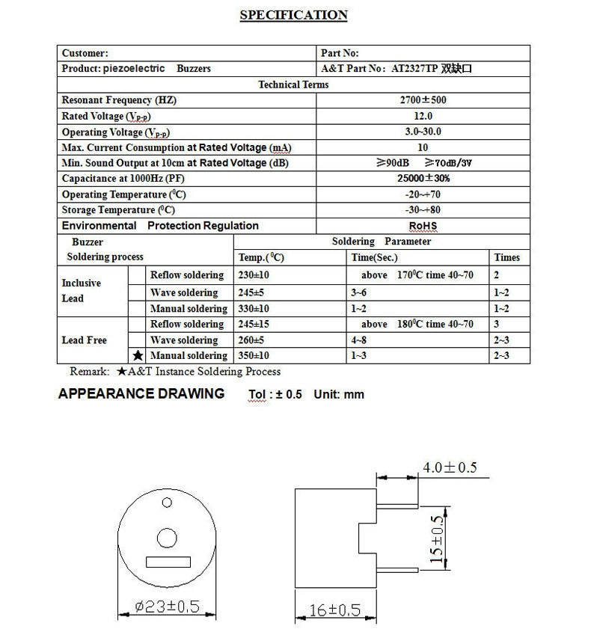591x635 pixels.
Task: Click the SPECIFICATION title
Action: click(x=293, y=16)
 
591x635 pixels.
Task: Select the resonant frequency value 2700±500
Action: click(x=423, y=99)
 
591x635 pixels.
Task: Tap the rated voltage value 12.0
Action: click(x=423, y=116)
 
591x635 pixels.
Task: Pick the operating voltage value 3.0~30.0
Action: click(x=423, y=132)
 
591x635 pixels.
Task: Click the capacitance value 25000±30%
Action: click(x=423, y=179)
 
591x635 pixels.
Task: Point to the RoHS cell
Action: click(x=423, y=226)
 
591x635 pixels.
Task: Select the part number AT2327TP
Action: click(x=414, y=68)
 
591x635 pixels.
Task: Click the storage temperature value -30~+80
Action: click(x=423, y=210)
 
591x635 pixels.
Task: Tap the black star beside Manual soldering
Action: click(x=137, y=356)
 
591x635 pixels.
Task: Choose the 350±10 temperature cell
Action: click(x=255, y=356)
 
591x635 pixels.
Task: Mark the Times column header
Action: click(x=507, y=257)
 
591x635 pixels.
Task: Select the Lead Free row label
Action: click(x=84, y=340)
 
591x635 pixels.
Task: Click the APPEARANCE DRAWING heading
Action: click(x=141, y=394)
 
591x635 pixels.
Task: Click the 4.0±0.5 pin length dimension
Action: click(x=450, y=468)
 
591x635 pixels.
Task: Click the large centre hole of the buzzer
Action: click(x=166, y=537)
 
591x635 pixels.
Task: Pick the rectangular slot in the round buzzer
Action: click(x=167, y=561)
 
